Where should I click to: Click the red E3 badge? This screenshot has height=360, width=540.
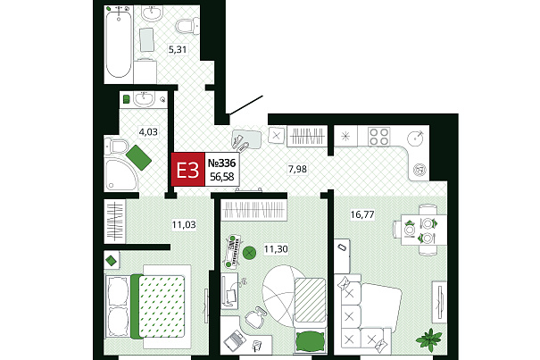[188, 170]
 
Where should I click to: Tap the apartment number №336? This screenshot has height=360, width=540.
[221, 163]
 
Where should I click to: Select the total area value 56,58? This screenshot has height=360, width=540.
[221, 177]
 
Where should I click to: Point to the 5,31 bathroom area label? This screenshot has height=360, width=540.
[178, 50]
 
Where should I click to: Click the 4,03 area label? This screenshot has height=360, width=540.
[148, 131]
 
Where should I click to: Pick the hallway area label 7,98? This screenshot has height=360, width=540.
[297, 169]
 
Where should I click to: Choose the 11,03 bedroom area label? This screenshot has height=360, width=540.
[184, 225]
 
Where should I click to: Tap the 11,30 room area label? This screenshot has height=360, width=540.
[276, 248]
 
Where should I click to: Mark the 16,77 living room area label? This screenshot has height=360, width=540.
[362, 214]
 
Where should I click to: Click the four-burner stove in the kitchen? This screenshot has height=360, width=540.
[378, 137]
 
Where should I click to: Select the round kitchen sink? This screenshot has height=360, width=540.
[416, 138]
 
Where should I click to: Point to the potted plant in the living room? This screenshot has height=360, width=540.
[429, 339]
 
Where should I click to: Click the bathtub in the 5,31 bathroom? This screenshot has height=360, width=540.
[119, 45]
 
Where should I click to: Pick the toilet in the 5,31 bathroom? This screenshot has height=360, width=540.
[187, 26]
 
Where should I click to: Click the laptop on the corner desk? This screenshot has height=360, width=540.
[236, 339]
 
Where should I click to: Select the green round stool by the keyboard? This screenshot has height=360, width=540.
[249, 253]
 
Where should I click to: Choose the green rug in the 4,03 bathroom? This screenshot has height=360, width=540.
[138, 157]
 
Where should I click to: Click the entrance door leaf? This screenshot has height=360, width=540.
[246, 105]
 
